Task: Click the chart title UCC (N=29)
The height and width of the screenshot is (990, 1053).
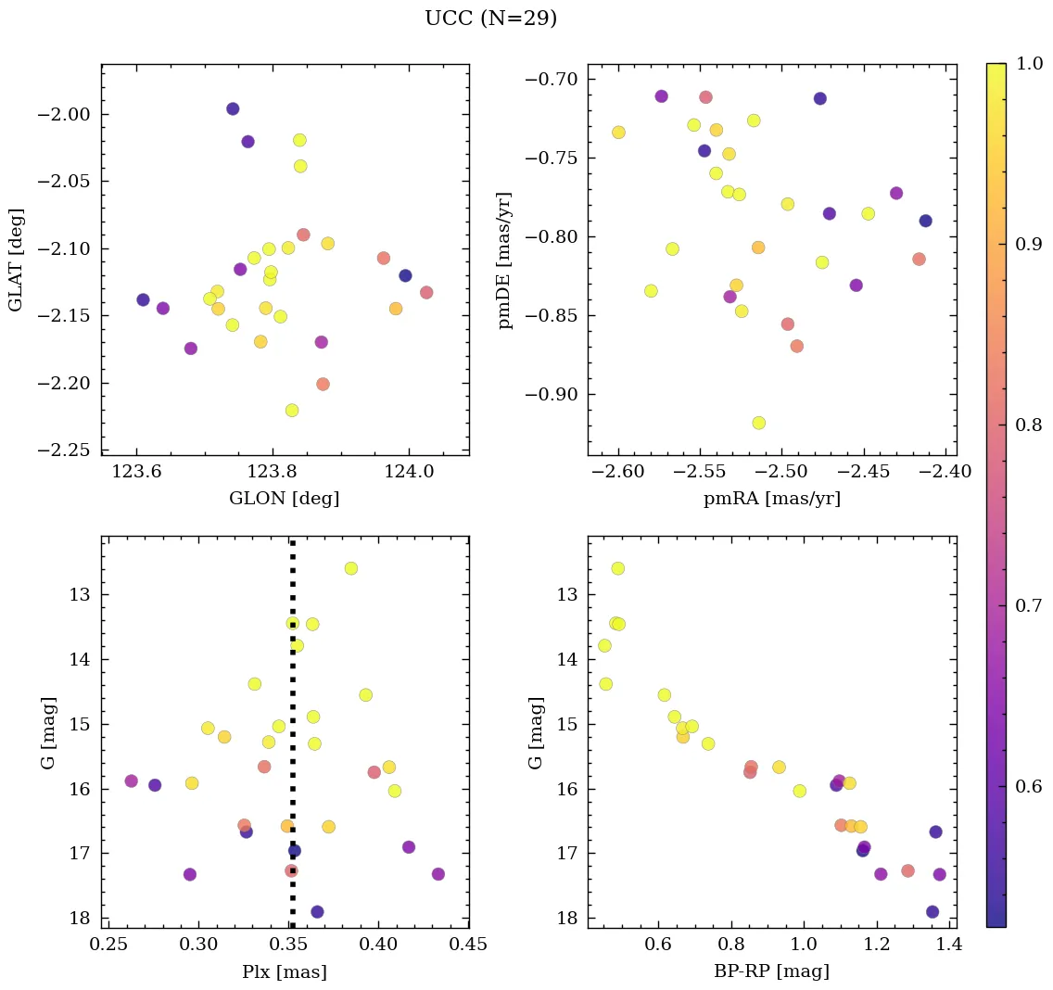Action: tap(490, 19)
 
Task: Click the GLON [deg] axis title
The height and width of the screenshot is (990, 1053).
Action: tap(285, 499)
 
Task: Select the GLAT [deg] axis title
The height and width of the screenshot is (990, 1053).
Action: tap(16, 260)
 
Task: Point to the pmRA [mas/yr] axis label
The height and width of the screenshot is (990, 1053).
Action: tap(771, 499)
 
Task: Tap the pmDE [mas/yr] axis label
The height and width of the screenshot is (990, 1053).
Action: tap(505, 260)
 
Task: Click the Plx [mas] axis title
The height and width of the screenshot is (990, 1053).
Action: tap(285, 971)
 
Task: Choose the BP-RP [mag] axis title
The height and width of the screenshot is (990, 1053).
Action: tap(771, 971)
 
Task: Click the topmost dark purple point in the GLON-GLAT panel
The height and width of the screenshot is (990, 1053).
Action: tap(233, 108)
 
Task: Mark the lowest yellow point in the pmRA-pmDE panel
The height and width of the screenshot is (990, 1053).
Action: tap(759, 423)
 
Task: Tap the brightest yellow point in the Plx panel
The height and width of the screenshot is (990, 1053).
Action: tap(350, 568)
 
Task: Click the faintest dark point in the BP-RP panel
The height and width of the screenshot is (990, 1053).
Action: tap(932, 911)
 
